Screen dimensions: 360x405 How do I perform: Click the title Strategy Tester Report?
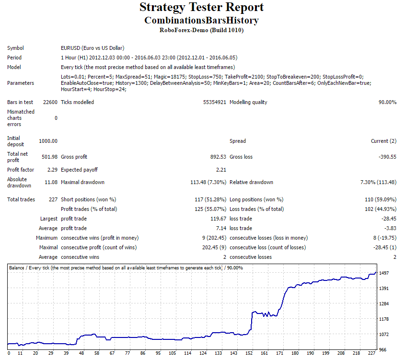201,8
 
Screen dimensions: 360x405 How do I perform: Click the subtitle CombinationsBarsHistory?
201,20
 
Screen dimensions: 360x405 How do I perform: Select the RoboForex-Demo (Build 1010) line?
201,30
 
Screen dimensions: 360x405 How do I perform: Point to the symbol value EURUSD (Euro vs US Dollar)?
93,48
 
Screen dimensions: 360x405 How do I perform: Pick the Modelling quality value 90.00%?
387,102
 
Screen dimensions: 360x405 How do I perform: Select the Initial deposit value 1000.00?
48,141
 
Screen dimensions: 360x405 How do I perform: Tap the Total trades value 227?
53,199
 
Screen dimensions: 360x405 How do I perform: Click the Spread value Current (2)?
383,141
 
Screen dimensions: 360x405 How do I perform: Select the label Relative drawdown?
251,182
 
